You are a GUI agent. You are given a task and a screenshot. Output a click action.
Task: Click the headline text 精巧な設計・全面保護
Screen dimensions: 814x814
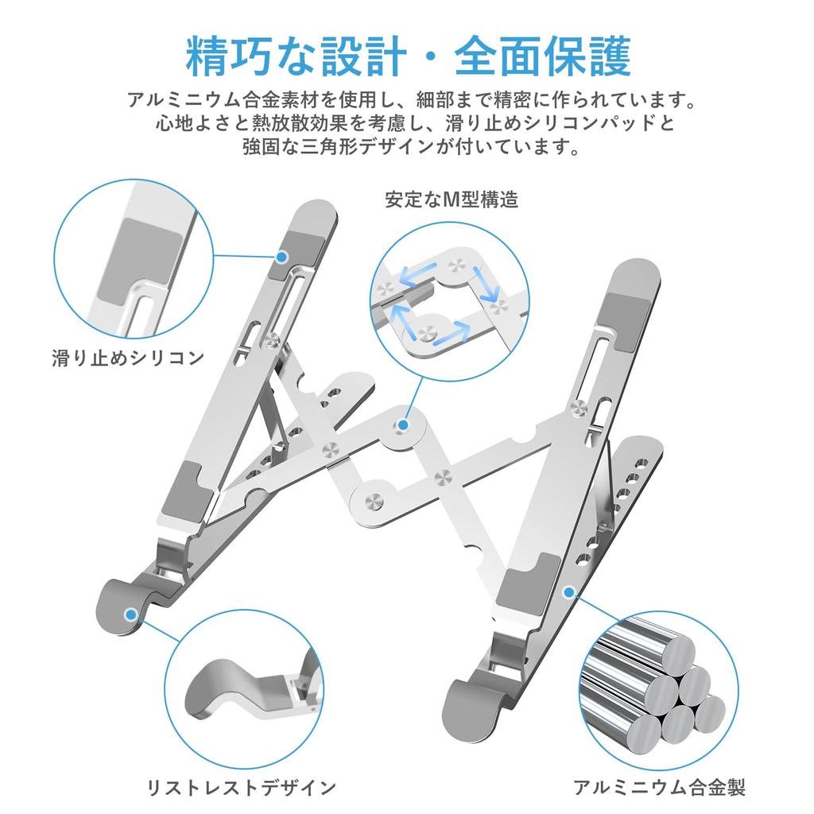coord(407,55)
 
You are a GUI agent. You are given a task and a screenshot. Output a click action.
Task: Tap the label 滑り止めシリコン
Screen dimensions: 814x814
coord(128,357)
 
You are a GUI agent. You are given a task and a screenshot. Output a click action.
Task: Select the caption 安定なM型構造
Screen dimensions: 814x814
coord(452,199)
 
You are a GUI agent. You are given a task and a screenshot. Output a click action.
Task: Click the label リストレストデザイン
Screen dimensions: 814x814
coord(241,788)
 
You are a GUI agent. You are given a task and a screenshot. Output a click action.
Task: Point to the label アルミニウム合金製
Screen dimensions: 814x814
coord(659,788)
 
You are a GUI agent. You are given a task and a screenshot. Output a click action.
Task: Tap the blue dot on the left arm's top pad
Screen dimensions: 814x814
coord(282,255)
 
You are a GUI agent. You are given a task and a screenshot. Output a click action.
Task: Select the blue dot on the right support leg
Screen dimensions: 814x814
coord(568,592)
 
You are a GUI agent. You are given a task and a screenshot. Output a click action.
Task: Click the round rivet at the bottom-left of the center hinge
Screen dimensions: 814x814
coord(372,501)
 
